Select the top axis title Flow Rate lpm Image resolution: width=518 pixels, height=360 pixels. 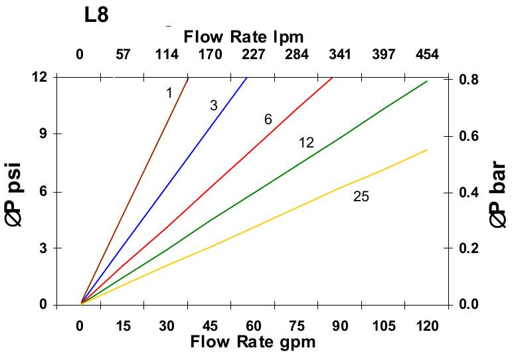[244, 37]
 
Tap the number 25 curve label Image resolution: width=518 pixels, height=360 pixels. [361, 197]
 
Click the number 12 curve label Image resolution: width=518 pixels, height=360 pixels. [306, 143]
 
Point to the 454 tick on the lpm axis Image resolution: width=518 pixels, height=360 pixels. [426, 55]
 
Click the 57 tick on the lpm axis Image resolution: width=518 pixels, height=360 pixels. [123, 55]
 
